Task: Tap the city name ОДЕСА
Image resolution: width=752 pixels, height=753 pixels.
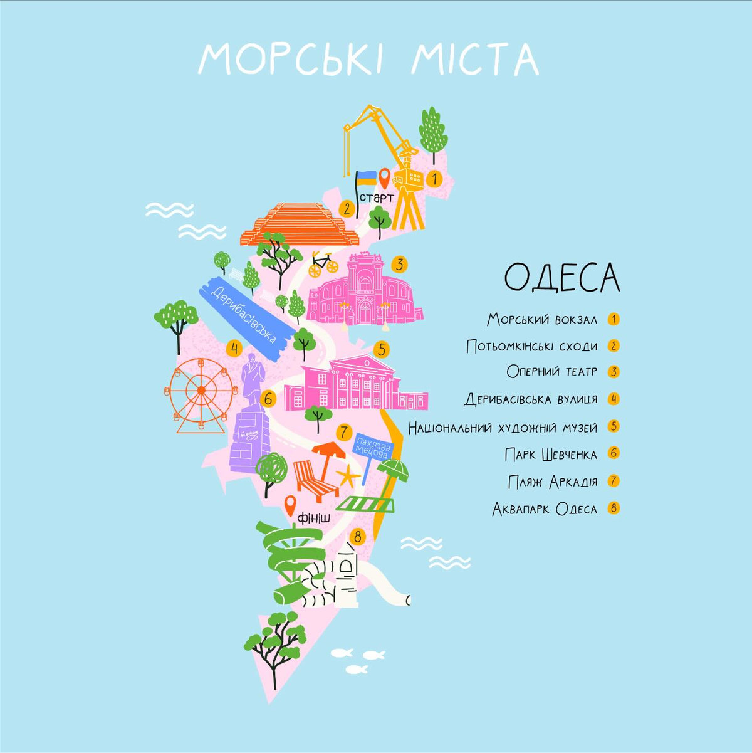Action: click(562, 277)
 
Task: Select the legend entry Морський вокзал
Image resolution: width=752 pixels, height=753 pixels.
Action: click(542, 319)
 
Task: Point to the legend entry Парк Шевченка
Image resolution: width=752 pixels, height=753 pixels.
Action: click(550, 454)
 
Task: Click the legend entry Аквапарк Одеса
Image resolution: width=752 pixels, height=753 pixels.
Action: click(545, 508)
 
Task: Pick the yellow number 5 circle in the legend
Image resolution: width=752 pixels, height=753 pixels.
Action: click(614, 427)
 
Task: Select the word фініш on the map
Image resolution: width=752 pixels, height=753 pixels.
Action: click(314, 517)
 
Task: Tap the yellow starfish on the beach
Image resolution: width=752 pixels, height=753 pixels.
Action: click(348, 477)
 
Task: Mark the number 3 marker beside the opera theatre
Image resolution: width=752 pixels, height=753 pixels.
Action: click(399, 264)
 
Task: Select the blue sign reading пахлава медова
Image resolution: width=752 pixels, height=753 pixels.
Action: click(373, 447)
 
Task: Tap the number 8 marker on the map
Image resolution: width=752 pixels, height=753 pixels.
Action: click(357, 536)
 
